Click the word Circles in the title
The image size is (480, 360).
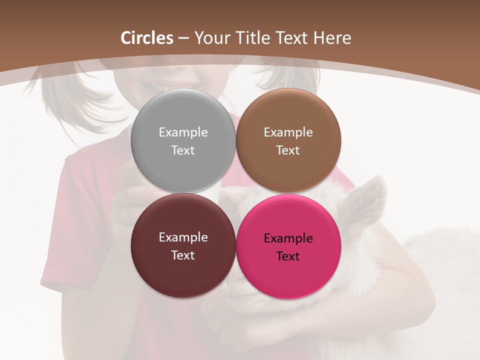click(x=147, y=38)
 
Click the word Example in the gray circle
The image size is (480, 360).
click(x=183, y=132)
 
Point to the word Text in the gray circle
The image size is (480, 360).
click(x=183, y=150)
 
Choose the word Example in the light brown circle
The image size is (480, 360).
click(x=288, y=132)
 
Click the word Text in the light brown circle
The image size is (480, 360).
click(x=288, y=150)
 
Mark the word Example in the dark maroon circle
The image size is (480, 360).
click(x=183, y=237)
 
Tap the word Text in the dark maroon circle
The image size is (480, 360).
click(x=183, y=255)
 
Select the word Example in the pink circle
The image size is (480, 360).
click(x=288, y=238)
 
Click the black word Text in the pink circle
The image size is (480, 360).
click(x=288, y=256)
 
